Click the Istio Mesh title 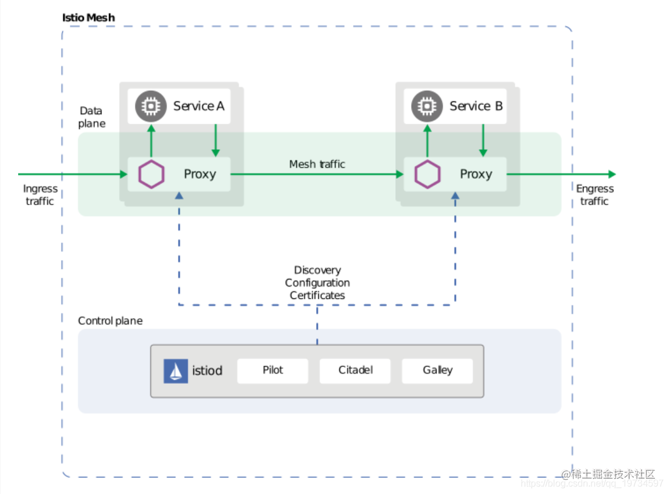(x=89, y=18)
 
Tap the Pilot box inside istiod (x=273, y=370)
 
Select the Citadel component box (x=355, y=370)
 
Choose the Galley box (x=437, y=370)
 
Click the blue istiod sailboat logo (x=175, y=371)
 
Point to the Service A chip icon (x=151, y=106)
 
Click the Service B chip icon (x=427, y=106)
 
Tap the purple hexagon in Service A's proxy (x=151, y=174)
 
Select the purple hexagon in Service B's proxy (x=427, y=174)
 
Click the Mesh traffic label (x=317, y=164)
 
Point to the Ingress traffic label (x=40, y=195)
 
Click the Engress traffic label (x=595, y=195)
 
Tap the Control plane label (x=110, y=321)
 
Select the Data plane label (x=92, y=117)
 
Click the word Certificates (x=317, y=295)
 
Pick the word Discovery (x=317, y=270)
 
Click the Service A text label (x=198, y=106)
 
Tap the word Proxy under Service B (x=476, y=174)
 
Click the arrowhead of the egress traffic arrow (x=612, y=174)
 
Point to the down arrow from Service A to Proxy (x=216, y=141)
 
